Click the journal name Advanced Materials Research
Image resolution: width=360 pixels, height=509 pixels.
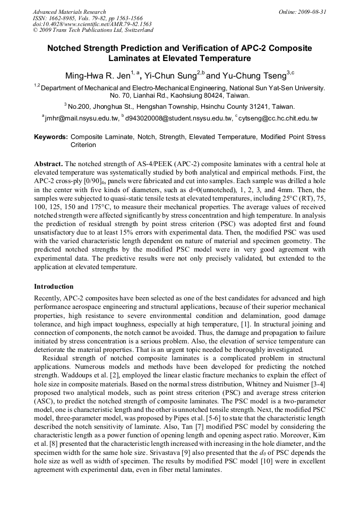(69, 12)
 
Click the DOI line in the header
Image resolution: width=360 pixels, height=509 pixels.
(92, 24)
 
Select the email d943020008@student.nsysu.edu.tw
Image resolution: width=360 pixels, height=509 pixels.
(179, 118)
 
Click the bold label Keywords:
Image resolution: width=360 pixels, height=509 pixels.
(50, 137)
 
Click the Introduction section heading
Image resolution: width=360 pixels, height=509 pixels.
(54, 287)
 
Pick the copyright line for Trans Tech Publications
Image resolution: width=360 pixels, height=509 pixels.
(93, 30)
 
